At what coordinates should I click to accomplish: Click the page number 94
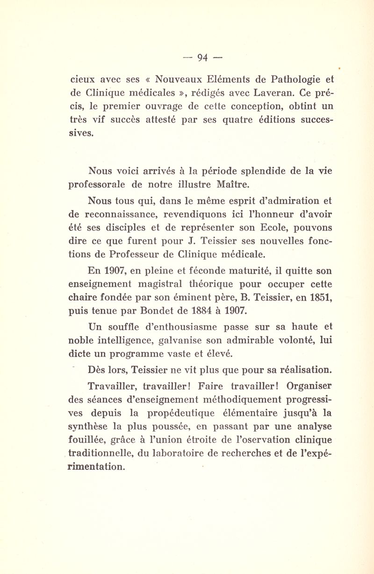coord(202,58)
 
